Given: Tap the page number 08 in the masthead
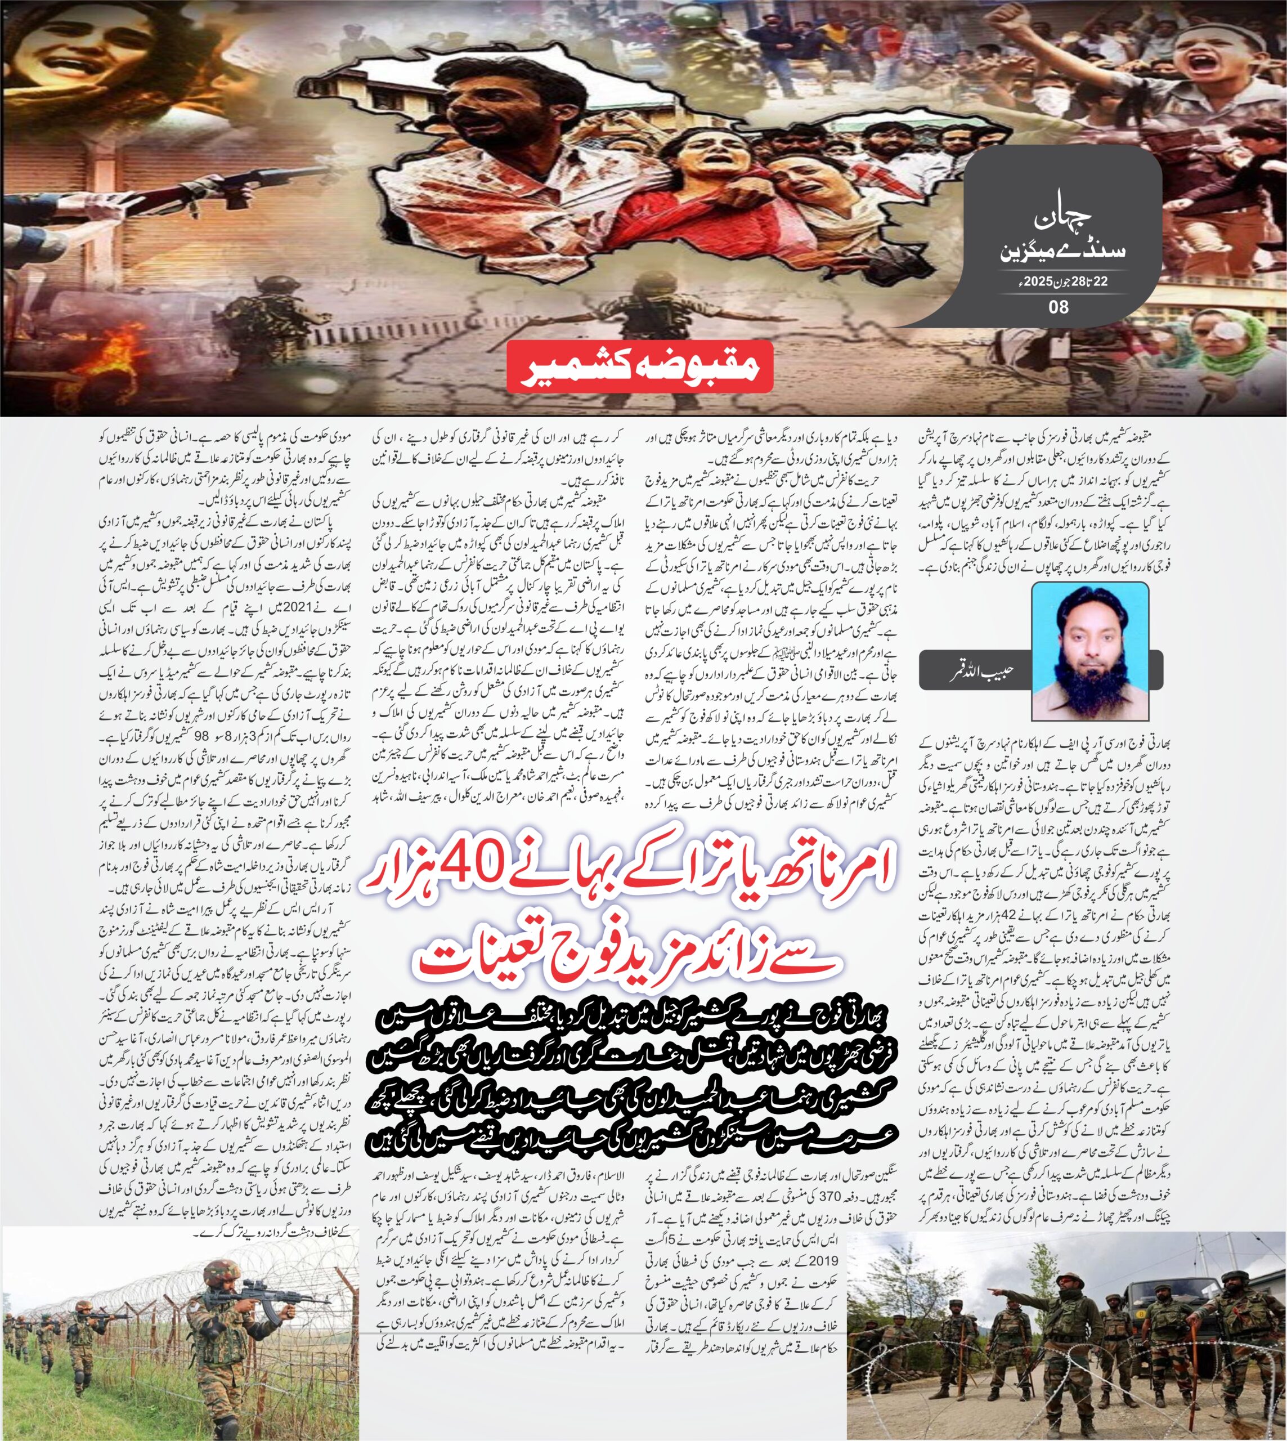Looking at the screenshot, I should pyautogui.click(x=1058, y=306).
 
